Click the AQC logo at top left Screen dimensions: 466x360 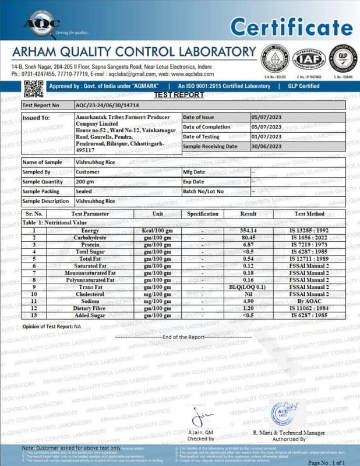pyautogui.click(x=40, y=23)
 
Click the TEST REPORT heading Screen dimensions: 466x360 pyautogui.click(x=179, y=95)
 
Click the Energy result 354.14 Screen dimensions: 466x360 pyautogui.click(x=264, y=231)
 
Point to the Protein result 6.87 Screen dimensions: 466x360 pyautogui.click(x=264, y=245)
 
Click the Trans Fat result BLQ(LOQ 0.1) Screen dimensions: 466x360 pyautogui.click(x=264, y=287)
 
